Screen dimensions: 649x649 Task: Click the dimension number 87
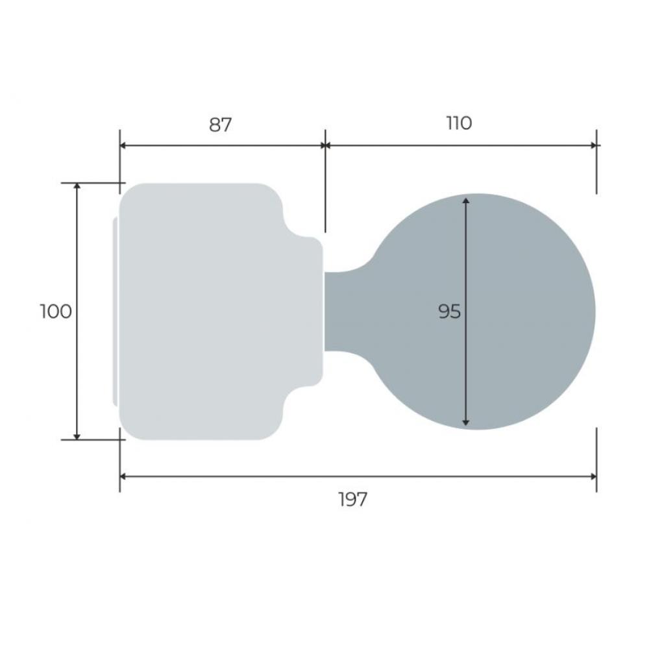point(220,125)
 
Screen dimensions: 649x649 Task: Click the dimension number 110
point(459,123)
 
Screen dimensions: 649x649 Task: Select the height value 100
point(56,312)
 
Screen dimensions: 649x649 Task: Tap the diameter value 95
point(449,312)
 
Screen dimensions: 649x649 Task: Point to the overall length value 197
point(352,499)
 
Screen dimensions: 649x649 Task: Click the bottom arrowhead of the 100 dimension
point(77,436)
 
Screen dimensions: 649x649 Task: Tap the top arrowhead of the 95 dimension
point(465,201)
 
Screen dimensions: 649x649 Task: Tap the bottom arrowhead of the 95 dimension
point(465,422)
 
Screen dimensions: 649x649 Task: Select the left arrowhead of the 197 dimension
point(123,476)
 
